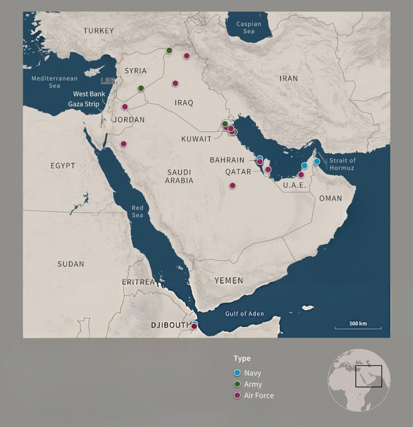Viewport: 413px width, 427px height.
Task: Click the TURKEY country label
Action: [x=99, y=31]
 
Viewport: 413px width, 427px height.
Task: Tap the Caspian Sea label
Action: [x=249, y=27]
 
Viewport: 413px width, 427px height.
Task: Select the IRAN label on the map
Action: [x=289, y=78]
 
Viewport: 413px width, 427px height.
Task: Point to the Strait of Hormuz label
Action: [x=340, y=164]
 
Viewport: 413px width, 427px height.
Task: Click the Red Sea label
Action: [x=137, y=211]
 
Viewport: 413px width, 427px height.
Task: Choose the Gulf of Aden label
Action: [x=244, y=314]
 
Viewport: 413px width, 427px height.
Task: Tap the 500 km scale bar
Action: [x=358, y=326]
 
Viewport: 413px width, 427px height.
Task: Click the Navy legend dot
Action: [x=237, y=373]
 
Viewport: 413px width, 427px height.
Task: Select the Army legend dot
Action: [x=237, y=384]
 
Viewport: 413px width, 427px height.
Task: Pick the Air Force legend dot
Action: [x=237, y=396]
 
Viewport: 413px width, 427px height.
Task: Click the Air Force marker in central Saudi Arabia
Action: [x=232, y=186]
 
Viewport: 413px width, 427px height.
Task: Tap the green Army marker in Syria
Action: [x=141, y=88]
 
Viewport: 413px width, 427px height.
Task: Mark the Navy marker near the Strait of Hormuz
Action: [x=317, y=161]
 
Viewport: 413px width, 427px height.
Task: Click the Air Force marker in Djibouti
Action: [x=194, y=326]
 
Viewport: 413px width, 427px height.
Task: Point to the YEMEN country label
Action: [x=229, y=281]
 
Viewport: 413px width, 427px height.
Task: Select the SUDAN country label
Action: [x=71, y=264]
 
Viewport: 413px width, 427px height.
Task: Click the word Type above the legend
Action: [x=242, y=358]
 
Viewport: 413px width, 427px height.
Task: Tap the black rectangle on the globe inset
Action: [x=369, y=376]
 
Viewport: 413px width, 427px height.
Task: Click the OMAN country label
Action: [x=330, y=198]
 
